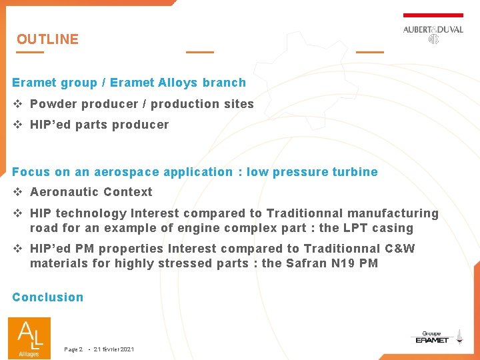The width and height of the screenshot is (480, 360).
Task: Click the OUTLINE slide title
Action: tap(47, 39)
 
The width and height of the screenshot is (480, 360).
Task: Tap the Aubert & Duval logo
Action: tap(433, 33)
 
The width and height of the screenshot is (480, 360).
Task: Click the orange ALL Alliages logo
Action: tap(29, 337)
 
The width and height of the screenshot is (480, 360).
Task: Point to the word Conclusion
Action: tap(48, 297)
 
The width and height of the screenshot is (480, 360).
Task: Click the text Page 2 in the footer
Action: tap(73, 349)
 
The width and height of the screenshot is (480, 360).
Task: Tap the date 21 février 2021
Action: tap(114, 349)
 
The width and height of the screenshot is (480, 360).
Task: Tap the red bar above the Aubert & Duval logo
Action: tap(433, 15)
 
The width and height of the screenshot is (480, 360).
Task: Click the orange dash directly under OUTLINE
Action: tap(30, 52)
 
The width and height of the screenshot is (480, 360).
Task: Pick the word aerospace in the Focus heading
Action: tap(127, 172)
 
